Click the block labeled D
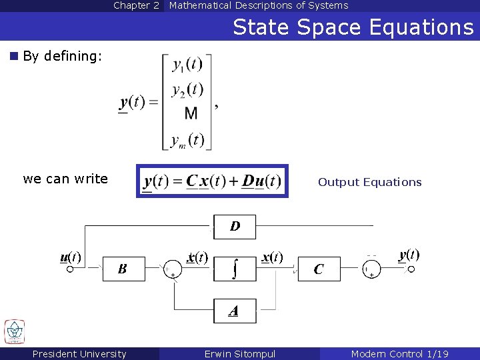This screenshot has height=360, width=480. point(235,227)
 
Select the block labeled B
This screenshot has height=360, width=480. point(123,269)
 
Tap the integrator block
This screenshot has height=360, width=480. point(235,269)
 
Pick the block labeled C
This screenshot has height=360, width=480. point(319,269)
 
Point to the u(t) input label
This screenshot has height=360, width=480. point(70,257)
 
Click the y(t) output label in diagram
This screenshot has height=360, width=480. point(409,255)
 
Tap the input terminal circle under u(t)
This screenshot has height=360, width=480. point(70,269)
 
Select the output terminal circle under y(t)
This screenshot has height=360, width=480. point(411,269)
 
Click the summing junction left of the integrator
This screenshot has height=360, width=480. point(172,269)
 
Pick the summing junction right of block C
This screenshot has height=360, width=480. point(371,269)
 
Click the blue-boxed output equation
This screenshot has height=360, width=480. point(213,181)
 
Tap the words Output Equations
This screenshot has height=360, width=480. point(369,182)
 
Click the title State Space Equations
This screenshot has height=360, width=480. point(353,27)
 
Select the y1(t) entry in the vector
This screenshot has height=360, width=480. point(187,65)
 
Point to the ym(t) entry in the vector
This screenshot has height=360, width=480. point(187,140)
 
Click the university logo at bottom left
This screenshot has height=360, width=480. point(15,331)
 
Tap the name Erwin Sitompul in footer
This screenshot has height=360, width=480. point(239,354)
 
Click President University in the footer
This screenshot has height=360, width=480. point(79,354)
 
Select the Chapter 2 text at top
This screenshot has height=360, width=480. point(136,5)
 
